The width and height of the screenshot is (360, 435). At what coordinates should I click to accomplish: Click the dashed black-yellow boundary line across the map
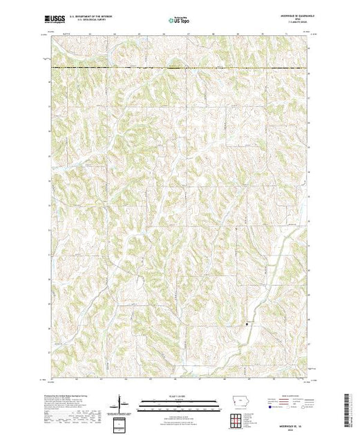[x=180, y=68]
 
